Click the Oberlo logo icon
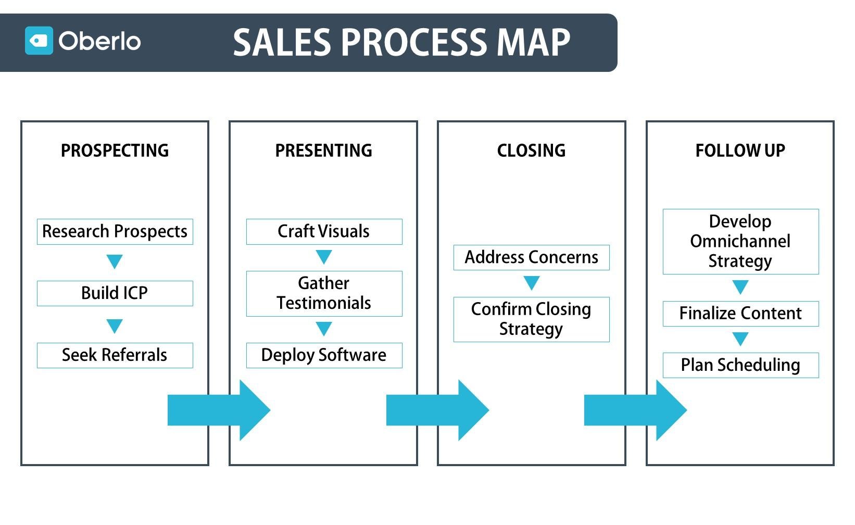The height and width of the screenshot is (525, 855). (39, 41)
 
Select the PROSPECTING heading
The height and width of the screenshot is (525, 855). (115, 151)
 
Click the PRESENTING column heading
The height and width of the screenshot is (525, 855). (323, 151)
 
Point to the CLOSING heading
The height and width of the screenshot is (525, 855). (531, 151)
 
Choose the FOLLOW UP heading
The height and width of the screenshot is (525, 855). (740, 151)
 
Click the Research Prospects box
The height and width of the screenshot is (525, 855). (115, 232)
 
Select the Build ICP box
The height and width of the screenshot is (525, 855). (115, 293)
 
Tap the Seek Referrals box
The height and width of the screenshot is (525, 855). (115, 355)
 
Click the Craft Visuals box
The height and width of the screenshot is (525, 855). (324, 232)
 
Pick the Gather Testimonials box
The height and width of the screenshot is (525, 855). (324, 293)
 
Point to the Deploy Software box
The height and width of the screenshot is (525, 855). (324, 355)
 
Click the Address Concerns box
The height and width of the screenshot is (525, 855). (531, 257)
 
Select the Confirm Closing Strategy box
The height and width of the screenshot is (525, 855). (531, 319)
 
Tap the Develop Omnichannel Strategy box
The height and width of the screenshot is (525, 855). (740, 242)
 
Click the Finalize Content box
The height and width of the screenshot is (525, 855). (740, 314)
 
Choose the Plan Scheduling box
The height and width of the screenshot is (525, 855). (740, 365)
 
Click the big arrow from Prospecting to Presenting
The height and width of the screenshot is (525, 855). (219, 410)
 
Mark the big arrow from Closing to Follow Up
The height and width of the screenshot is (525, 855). (635, 410)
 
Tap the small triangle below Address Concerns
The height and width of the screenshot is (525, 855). (531, 282)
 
